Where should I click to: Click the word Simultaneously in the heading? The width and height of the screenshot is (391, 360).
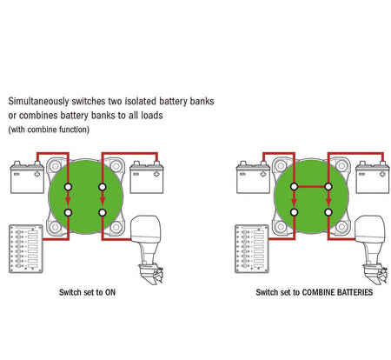38,102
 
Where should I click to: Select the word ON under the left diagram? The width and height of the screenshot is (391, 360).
110,292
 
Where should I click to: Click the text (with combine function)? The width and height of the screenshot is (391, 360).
49,130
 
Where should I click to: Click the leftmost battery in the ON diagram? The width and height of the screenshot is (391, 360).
27,177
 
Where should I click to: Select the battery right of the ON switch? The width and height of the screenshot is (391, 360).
147,177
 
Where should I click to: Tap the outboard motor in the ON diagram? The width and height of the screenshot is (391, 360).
147,250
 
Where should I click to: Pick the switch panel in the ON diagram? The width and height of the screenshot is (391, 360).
26,249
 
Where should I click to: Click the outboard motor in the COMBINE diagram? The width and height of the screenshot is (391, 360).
373,250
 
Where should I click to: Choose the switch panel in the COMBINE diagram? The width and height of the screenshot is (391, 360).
252,249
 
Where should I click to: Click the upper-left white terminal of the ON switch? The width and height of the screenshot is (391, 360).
68,187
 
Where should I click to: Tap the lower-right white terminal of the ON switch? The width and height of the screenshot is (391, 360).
103,212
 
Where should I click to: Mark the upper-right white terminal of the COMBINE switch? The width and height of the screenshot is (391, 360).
328,187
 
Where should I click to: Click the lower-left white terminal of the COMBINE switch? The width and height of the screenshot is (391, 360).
294,212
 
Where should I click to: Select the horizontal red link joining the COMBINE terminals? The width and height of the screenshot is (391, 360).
311,187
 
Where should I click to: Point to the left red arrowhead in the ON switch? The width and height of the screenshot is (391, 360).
68,201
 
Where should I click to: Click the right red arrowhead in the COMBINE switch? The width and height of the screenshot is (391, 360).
328,201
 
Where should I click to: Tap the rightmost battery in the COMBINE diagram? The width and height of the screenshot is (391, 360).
373,177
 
